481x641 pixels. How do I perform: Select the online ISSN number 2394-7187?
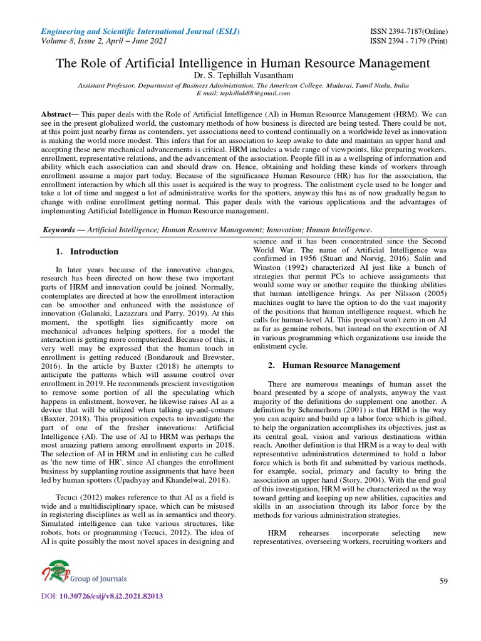pyautogui.click(x=406, y=32)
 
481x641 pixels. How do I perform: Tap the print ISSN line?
pyautogui.click(x=406, y=42)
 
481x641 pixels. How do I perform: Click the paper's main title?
pyautogui.click(x=244, y=63)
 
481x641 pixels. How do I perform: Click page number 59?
pyautogui.click(x=443, y=582)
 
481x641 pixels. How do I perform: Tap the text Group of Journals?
pyautogui.click(x=100, y=578)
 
